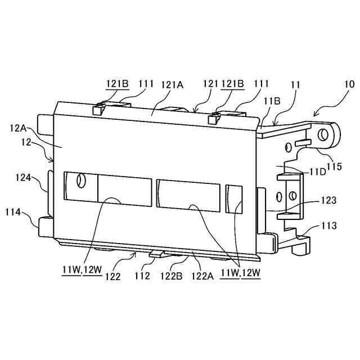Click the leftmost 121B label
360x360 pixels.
118,85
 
